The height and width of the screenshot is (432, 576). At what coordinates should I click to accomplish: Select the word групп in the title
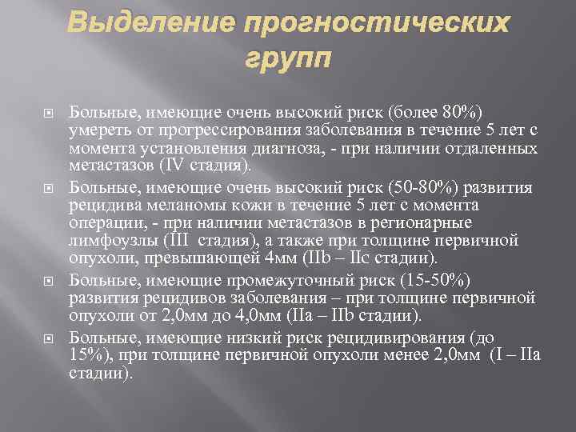[287, 61]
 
